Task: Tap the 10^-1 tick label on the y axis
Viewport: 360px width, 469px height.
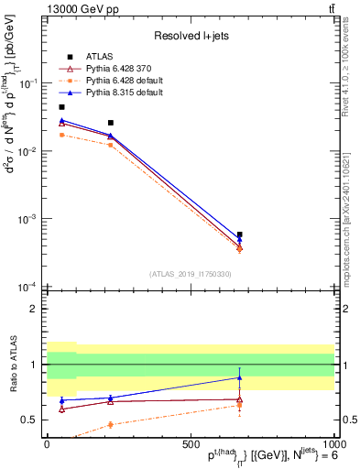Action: click(x=29, y=82)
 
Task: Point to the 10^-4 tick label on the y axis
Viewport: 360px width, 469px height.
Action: click(x=29, y=287)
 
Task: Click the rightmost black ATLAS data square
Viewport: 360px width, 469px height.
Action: click(x=239, y=234)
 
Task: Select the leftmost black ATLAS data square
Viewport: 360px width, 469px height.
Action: click(x=61, y=107)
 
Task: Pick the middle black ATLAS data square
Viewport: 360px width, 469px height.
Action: click(x=111, y=123)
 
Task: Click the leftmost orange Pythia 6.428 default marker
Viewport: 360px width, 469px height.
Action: click(x=61, y=135)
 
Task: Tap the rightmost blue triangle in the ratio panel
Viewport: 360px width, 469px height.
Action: click(x=239, y=377)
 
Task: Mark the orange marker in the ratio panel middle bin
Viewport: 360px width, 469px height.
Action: click(x=111, y=424)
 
